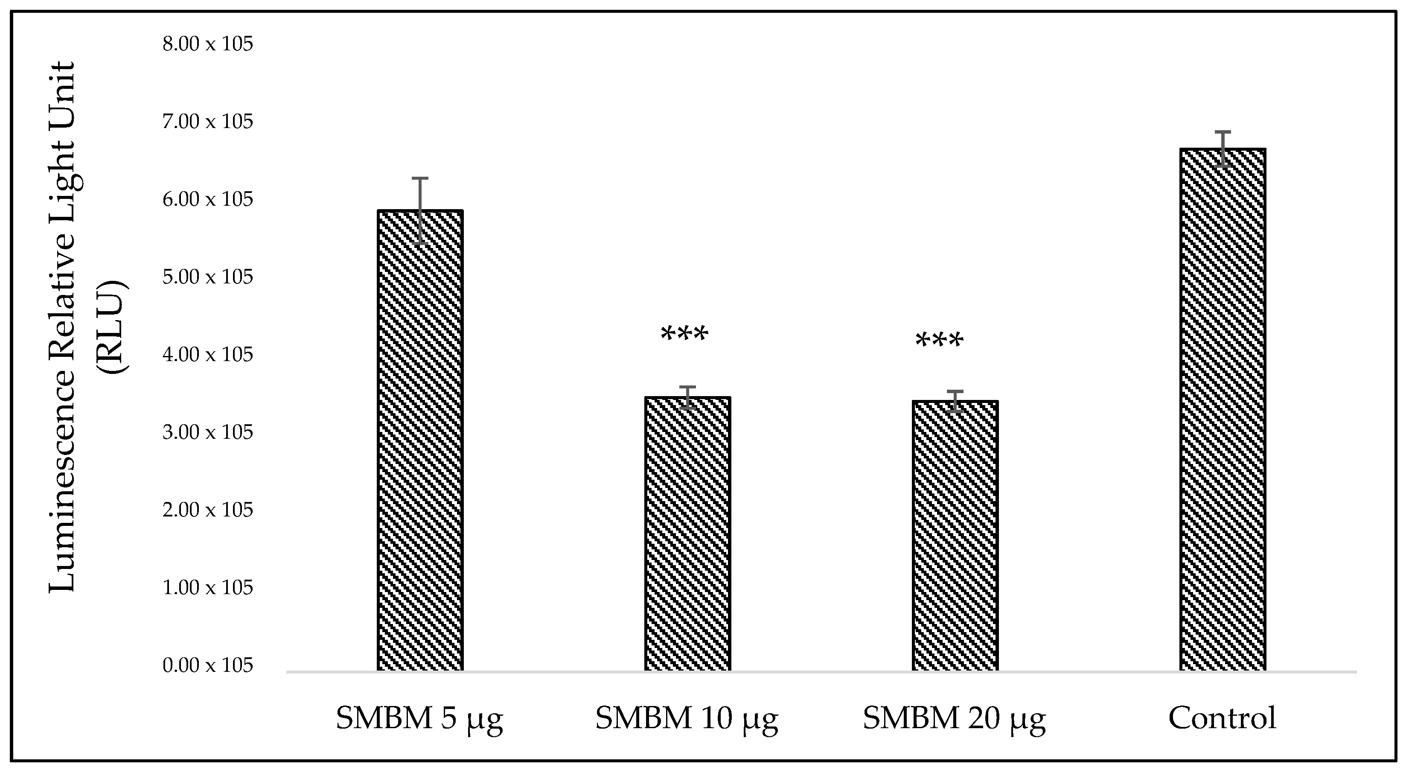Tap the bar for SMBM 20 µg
[955, 535]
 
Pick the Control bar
[1222, 409]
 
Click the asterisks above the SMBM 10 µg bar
[684, 334]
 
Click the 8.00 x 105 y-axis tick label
[208, 44]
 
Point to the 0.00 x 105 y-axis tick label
[208, 665]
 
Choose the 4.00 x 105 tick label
[208, 355]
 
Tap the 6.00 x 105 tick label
[208, 199]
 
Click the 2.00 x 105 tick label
[208, 510]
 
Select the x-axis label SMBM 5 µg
[419, 719]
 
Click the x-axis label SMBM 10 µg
[687, 719]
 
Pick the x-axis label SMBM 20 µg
[954, 719]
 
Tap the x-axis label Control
[1222, 718]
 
